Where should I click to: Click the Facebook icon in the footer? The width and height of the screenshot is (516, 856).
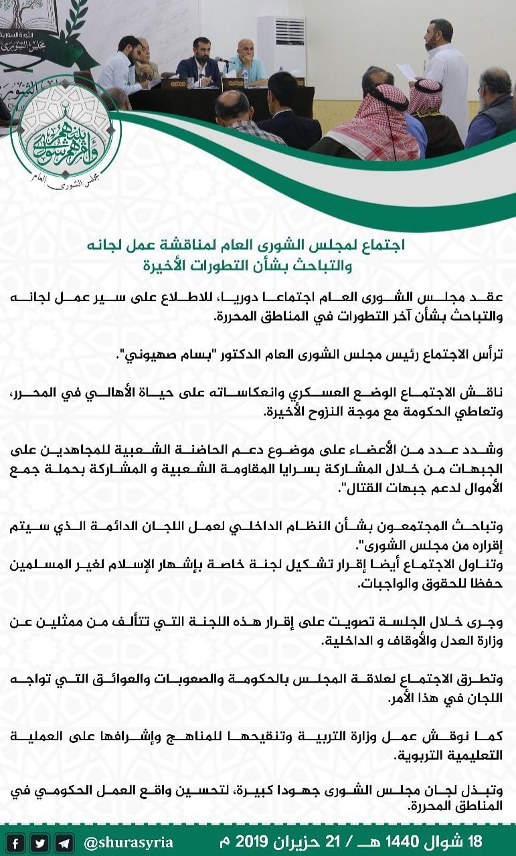coord(16,842)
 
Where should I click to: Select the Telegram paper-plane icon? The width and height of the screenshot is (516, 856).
coord(64,842)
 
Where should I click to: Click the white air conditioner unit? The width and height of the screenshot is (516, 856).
coord(281,47)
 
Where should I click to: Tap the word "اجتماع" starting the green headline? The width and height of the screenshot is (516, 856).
coord(384,246)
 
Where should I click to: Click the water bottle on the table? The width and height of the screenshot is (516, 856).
coord(246,78)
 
